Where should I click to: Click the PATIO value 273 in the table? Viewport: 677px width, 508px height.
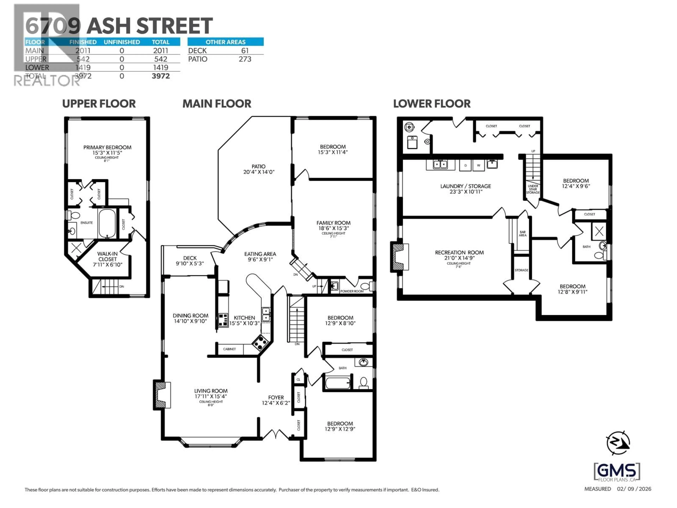[245, 59]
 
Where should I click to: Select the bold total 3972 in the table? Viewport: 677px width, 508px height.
[161, 76]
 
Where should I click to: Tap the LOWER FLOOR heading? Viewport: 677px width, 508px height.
[432, 104]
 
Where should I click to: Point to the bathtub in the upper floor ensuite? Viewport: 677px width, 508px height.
[107, 223]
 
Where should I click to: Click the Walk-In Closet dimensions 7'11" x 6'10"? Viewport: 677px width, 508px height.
[107, 265]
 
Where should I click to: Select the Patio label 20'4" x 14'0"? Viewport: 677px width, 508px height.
[259, 169]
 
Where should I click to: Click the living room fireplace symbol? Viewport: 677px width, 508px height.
[162, 395]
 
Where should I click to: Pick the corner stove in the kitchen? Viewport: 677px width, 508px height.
[260, 343]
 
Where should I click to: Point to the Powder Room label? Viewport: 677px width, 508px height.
[352, 291]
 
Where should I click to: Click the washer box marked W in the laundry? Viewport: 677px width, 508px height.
[478, 165]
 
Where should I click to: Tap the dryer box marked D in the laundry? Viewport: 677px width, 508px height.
[465, 165]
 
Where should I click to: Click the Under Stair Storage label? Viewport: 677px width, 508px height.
[533, 189]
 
